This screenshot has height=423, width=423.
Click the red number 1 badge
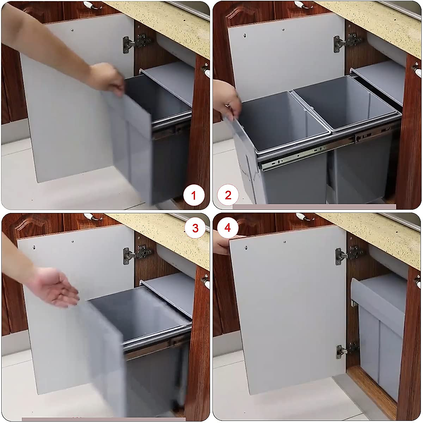193,195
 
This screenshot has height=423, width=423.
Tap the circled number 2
228,195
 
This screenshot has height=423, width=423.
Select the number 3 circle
195,228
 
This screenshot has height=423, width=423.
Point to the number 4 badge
228,228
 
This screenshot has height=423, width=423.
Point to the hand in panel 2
227,99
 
